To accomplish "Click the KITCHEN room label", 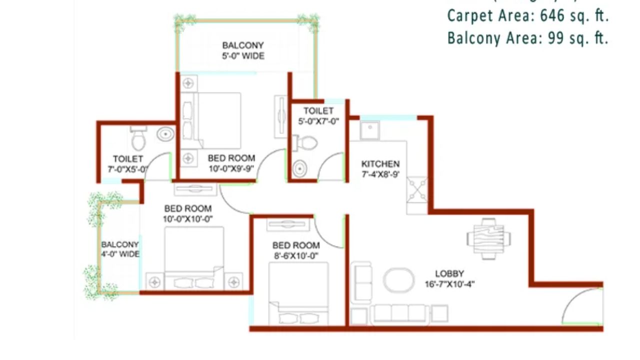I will click(380, 164).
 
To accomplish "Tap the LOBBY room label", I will click(449, 274).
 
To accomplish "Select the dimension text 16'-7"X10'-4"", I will click(449, 284).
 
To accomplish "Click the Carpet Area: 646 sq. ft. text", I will click(527, 16).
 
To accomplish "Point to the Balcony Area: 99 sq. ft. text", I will click(527, 38).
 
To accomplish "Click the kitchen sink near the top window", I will click(369, 130).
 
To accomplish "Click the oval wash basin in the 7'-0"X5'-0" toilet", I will click(165, 134).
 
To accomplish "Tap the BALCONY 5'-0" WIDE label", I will click(243, 50).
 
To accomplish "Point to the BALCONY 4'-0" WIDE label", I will click(120, 249).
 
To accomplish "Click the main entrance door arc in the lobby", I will click(580, 307).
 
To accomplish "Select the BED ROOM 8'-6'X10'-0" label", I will click(296, 250).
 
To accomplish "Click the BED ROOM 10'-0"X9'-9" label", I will click(231, 163).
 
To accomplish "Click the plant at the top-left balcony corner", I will click(185, 21).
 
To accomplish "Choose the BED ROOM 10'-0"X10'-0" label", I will click(187, 213).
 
